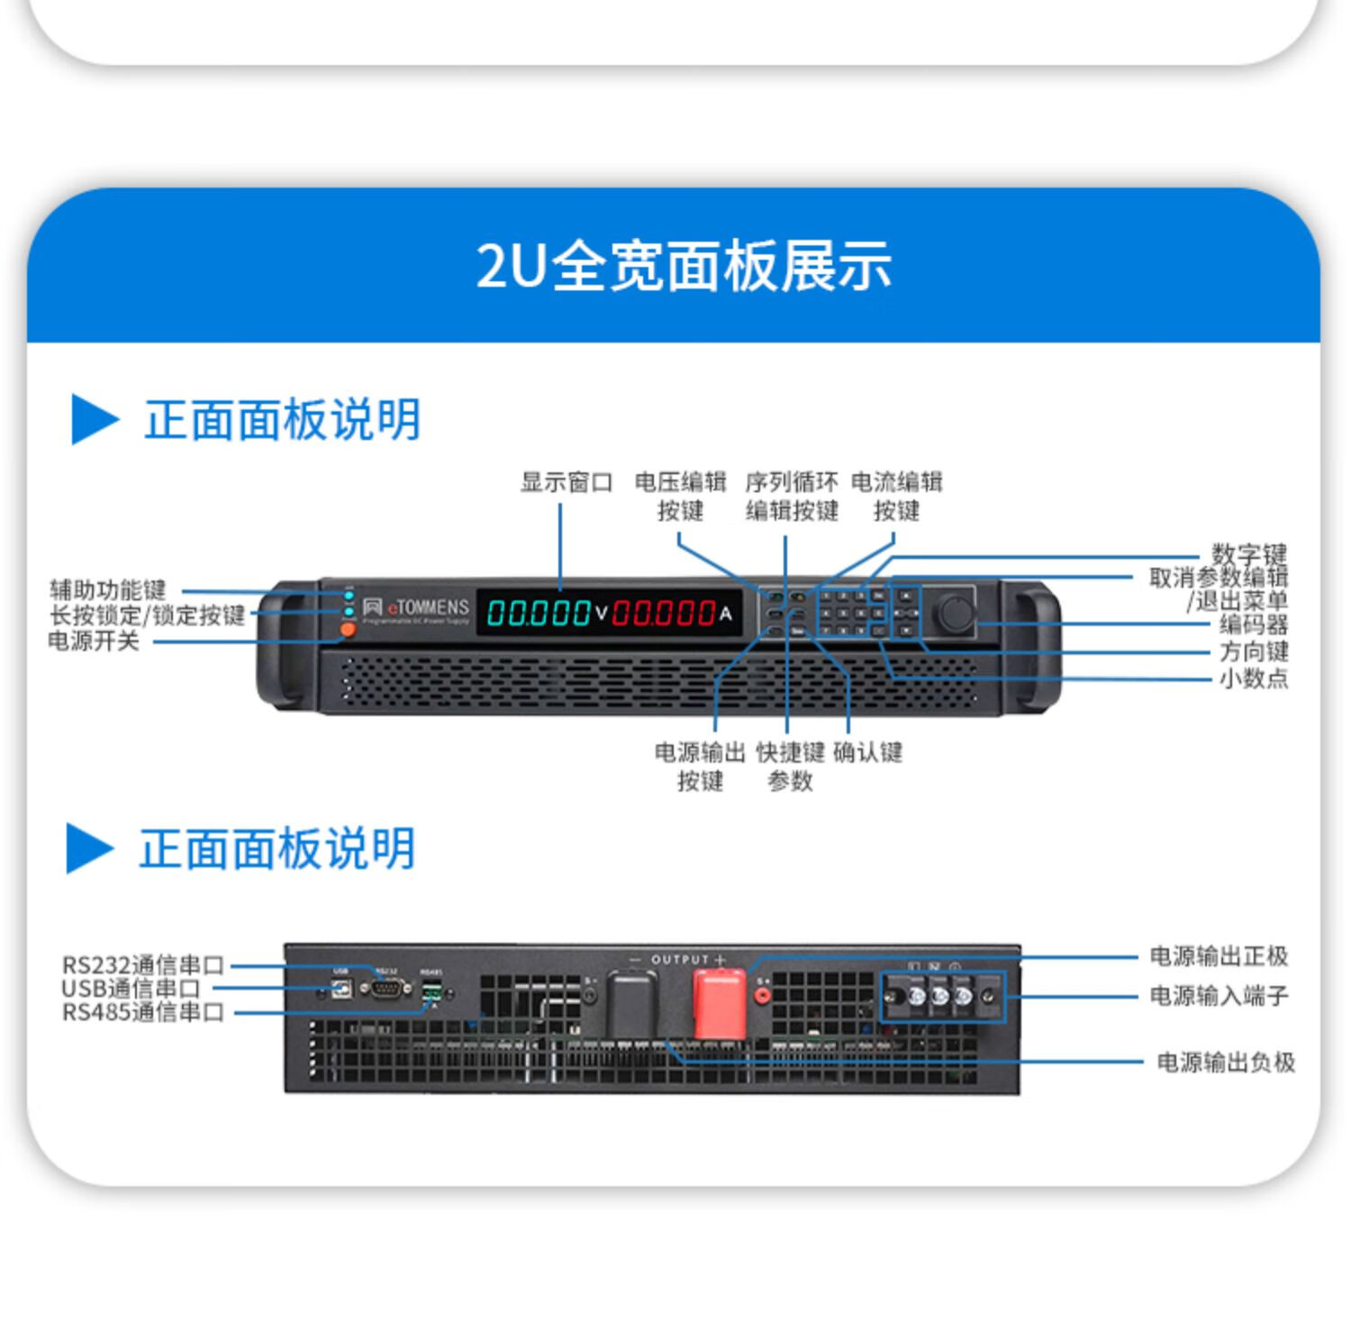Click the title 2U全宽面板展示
(684, 266)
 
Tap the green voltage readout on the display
(539, 614)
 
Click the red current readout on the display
(665, 614)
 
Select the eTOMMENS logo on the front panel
(417, 609)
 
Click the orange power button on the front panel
(348, 630)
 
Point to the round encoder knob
(954, 613)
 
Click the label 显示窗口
(566, 482)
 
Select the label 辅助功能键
(108, 590)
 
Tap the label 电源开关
(94, 641)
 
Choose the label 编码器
(1253, 624)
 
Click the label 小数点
(1253, 678)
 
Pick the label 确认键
(867, 752)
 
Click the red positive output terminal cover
(719, 1003)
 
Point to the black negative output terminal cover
(631, 1002)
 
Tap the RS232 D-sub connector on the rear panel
(385, 988)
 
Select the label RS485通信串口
(142, 1013)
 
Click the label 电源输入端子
(1218, 996)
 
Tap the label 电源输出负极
(1225, 1063)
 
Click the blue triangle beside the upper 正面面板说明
(94, 419)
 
